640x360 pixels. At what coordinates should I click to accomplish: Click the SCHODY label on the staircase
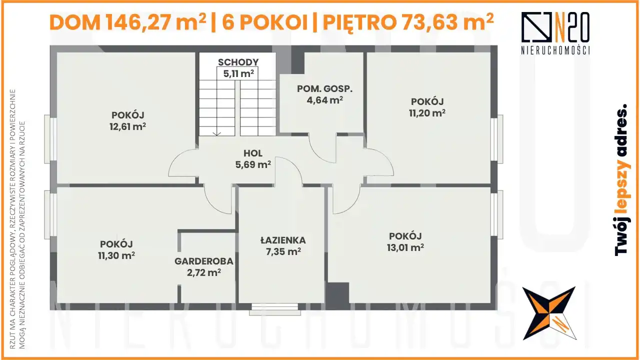pos(238,62)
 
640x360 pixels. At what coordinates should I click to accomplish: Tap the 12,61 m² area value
pos(127,126)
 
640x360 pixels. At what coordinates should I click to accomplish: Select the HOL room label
pos(253,153)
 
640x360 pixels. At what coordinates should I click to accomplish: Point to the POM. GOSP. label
pos(325,88)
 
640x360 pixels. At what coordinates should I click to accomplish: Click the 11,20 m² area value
pos(427,113)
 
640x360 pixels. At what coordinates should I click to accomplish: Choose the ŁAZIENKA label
pos(283,240)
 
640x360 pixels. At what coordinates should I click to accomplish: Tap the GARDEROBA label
pos(204,261)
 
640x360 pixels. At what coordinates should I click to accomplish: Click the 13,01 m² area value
pos(405,247)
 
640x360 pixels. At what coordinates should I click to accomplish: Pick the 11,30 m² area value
pos(116,255)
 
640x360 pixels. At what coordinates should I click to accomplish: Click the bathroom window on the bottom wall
pos(275,309)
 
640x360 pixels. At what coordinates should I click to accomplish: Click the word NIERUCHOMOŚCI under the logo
pos(555,50)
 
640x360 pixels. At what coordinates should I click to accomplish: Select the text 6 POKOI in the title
pos(264,22)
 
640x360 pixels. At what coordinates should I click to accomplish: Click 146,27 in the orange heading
pos(139,22)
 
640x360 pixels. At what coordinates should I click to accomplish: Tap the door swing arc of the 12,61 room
pos(178,159)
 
